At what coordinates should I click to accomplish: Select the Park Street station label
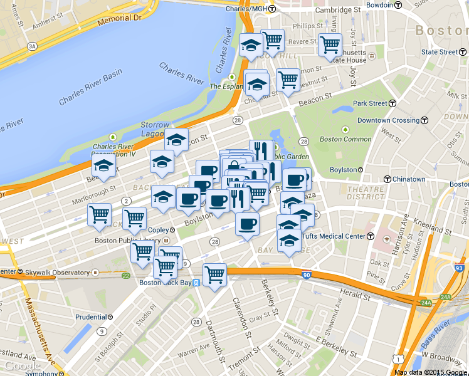(x=369, y=103)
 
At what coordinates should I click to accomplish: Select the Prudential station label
(x=91, y=317)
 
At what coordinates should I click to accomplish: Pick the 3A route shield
(x=32, y=46)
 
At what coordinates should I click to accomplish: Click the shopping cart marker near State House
(x=329, y=45)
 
